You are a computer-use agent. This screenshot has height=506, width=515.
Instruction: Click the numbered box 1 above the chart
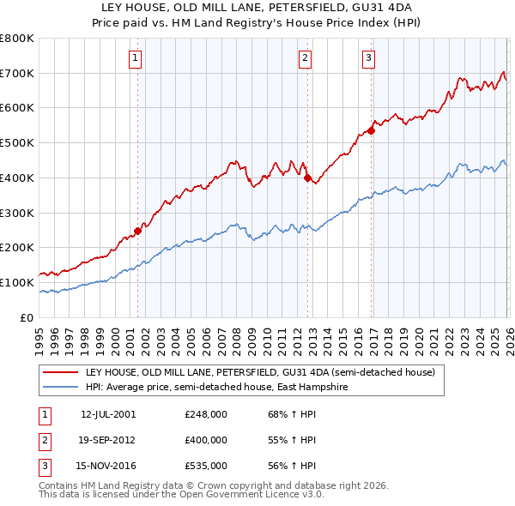(x=136, y=58)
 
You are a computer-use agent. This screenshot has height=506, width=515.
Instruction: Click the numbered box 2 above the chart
(x=305, y=58)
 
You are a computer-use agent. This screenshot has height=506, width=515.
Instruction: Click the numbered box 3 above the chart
(x=368, y=58)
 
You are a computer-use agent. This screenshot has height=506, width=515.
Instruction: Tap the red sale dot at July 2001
(x=137, y=231)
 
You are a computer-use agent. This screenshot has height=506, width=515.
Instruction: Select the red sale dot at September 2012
(x=307, y=178)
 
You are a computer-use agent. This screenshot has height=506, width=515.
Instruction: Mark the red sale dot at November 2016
(x=372, y=130)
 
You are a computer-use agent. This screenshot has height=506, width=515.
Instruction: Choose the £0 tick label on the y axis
(x=27, y=317)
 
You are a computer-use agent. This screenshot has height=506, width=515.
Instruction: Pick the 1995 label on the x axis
(x=40, y=339)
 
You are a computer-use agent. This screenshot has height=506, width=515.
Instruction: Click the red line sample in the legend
(x=60, y=373)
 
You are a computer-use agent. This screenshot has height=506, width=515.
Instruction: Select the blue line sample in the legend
(x=60, y=388)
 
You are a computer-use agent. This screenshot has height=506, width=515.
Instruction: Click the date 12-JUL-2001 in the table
(x=108, y=414)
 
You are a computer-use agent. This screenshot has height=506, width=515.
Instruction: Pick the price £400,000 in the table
(x=205, y=440)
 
